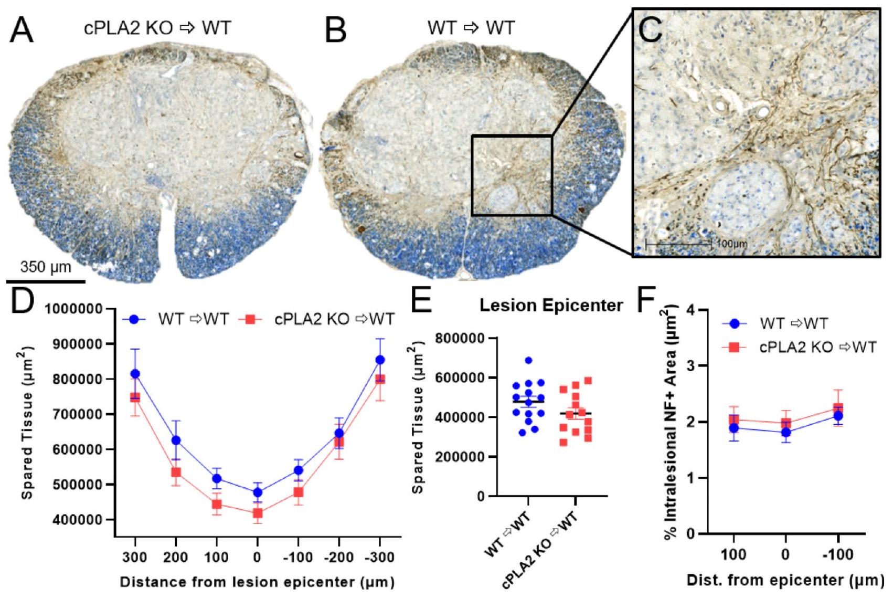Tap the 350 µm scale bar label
click(x=45, y=267)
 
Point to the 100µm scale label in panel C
click(x=730, y=244)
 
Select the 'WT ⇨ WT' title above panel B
click(x=471, y=27)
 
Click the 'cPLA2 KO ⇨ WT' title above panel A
click(x=157, y=27)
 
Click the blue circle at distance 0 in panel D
click(x=257, y=492)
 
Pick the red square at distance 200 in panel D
click(x=176, y=472)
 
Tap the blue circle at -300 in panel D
click(x=380, y=360)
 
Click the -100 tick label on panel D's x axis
click(x=297, y=557)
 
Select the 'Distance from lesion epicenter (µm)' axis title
click(x=257, y=582)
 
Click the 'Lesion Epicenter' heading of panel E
click(x=551, y=305)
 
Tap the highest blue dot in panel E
click(x=528, y=360)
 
